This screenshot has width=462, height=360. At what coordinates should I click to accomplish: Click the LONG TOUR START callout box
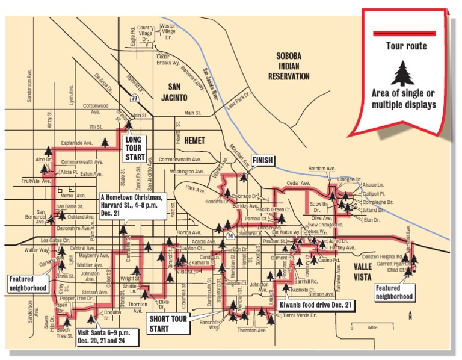pyautogui.click(x=135, y=148)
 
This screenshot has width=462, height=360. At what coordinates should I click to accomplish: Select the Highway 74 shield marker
pyautogui.click(x=229, y=226)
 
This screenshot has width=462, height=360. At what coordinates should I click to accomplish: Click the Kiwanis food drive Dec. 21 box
pyautogui.click(x=316, y=306)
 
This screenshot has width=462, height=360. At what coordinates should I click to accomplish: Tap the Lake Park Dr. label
pyautogui.click(x=238, y=99)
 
